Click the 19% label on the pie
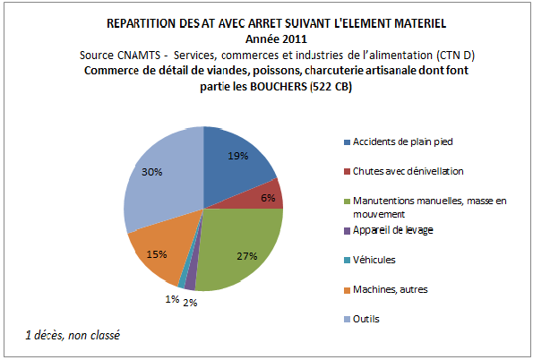(x=238, y=156)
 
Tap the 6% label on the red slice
(x=268, y=198)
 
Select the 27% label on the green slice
(x=246, y=256)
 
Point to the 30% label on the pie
(x=152, y=172)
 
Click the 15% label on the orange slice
(x=157, y=254)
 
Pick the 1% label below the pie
(x=172, y=299)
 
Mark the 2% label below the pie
(x=190, y=303)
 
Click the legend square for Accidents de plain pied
(x=347, y=142)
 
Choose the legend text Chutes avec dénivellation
(x=408, y=171)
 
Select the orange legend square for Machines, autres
(x=347, y=290)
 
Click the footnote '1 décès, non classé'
(x=73, y=336)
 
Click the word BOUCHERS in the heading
(x=279, y=86)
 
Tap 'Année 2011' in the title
(x=276, y=39)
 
